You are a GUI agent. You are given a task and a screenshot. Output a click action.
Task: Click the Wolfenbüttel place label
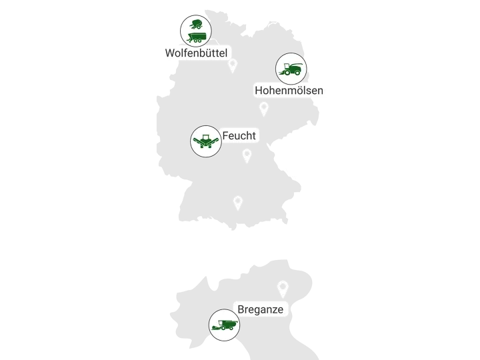point(196,53)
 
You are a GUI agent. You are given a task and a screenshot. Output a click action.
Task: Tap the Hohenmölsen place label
point(289,90)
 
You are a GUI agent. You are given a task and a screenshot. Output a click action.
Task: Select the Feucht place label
point(239,136)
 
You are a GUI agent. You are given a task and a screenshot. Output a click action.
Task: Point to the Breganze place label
point(261,309)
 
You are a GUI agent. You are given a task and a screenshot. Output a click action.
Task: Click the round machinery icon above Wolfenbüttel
point(196,31)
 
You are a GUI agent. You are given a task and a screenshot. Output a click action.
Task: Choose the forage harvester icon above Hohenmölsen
point(291,68)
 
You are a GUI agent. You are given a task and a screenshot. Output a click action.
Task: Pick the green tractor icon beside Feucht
point(206,141)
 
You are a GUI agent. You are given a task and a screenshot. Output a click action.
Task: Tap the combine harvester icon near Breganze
point(224,325)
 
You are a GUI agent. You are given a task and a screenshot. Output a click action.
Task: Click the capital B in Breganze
point(241,309)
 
